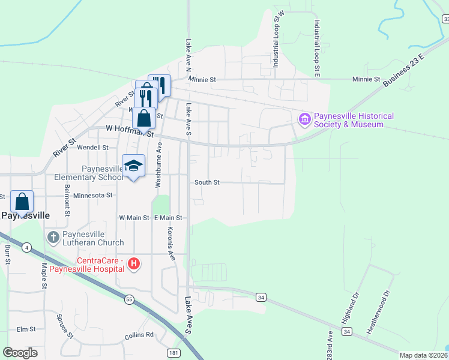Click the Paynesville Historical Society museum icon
pyautogui.click(x=304, y=119)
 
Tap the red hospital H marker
pyautogui.click(x=134, y=263)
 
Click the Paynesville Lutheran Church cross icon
pyautogui.click(x=53, y=238)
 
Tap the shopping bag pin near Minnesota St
pyautogui.click(x=22, y=202)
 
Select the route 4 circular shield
pyautogui.click(x=26, y=247)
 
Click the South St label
pyautogui.click(x=207, y=182)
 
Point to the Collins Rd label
pyautogui.click(x=139, y=334)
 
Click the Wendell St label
pyautogui.click(x=93, y=147)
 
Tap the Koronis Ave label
pyautogui.click(x=171, y=245)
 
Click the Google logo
pyautogui.click(x=20, y=353)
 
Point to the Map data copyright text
pyautogui.click(x=423, y=355)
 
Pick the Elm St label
pyautogui.click(x=26, y=329)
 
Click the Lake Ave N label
pyautogui.click(x=188, y=53)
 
